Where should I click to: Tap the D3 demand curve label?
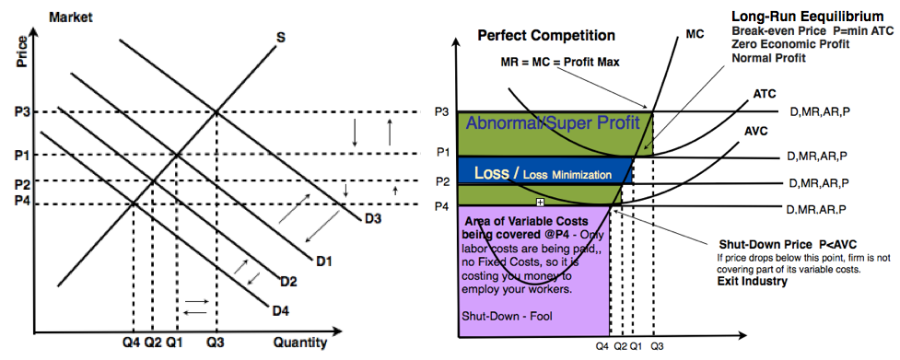(x=373, y=218)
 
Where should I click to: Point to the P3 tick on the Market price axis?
(x=22, y=112)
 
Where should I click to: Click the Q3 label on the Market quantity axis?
(x=216, y=343)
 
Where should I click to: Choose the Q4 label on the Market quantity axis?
(x=132, y=343)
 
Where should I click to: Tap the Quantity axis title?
(x=299, y=343)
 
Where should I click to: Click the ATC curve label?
(x=765, y=94)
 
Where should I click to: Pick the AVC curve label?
(x=756, y=131)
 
